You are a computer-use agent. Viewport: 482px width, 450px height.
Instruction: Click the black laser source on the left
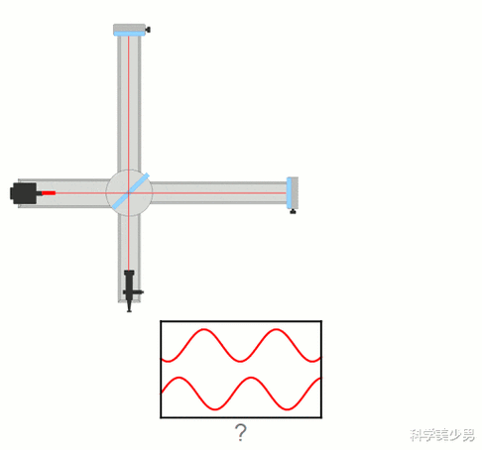pos(24,193)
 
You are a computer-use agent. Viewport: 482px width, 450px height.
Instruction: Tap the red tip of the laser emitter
pos(49,193)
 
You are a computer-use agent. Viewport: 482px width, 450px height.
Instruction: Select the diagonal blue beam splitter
pos(131,191)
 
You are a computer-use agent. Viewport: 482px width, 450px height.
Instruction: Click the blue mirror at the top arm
pos(130,34)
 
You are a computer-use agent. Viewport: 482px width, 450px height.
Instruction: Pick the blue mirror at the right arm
pos(289,193)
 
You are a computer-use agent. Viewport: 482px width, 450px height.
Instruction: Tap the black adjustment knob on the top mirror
pos(148,30)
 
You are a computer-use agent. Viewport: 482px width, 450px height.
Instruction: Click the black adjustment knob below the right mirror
pos(293,211)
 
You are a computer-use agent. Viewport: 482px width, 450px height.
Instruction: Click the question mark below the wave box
pos(240,433)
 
